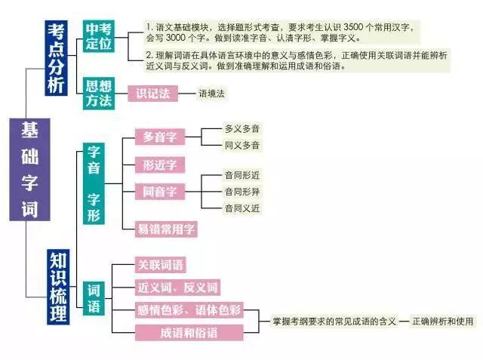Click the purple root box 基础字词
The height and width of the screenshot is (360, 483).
tap(29, 169)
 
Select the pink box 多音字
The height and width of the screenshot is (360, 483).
tap(159, 137)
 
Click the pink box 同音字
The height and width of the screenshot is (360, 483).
tap(159, 192)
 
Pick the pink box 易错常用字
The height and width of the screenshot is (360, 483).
tap(166, 228)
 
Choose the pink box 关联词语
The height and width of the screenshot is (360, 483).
tap(160, 265)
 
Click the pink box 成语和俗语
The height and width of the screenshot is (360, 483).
tap(189, 332)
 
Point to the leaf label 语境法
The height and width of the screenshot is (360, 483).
tap(211, 94)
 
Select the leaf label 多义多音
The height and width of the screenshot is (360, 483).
tap(241, 129)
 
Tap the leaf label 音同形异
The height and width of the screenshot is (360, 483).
tap(241, 192)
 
